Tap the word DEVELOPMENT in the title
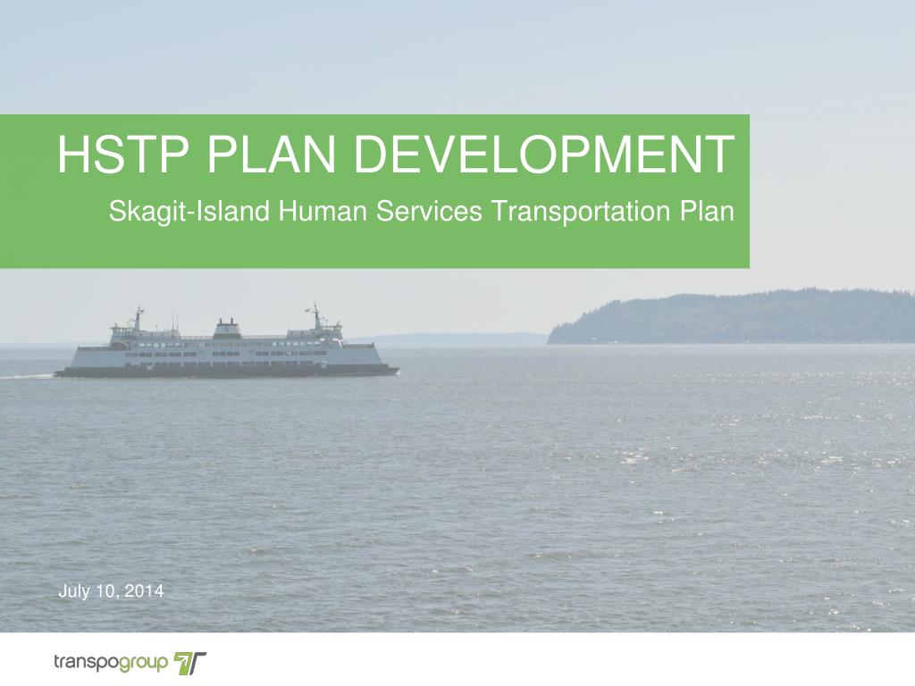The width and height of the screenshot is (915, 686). pos(545,155)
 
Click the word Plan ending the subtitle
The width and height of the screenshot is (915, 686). pos(706,212)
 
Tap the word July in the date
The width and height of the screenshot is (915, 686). pos(74,591)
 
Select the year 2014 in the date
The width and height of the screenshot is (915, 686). pos(145,591)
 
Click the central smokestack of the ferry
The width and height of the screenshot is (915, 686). pos(227,327)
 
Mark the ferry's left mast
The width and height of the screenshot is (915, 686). pos(138,317)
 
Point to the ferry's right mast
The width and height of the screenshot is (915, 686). pos(315,315)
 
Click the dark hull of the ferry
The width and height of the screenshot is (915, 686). pos(223,371)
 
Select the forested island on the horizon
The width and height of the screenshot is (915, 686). pos(733,317)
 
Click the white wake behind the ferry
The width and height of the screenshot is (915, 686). pos(27,376)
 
